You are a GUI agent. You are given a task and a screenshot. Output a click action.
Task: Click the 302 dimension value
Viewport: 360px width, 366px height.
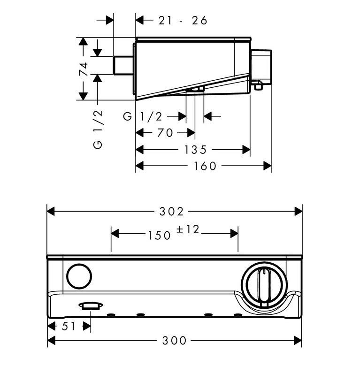171,212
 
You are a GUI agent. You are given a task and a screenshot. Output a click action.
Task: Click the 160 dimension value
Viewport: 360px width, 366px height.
205,166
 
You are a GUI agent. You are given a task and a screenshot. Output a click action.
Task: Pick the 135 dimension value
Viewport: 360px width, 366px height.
195,149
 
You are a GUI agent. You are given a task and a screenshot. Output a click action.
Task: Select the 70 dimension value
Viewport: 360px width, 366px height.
165,133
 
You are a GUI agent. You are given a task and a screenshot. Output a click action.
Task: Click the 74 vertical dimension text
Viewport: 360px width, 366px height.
84,69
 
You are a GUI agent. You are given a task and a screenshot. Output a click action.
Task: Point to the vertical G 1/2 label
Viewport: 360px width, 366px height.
98,130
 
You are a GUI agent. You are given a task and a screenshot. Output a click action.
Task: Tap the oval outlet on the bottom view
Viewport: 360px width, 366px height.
91,306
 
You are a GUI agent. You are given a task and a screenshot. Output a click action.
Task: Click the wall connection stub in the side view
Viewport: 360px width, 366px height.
123,65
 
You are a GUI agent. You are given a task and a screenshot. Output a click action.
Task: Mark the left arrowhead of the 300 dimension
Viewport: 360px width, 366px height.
52,340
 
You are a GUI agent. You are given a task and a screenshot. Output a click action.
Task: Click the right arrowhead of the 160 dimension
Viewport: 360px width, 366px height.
268,166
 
